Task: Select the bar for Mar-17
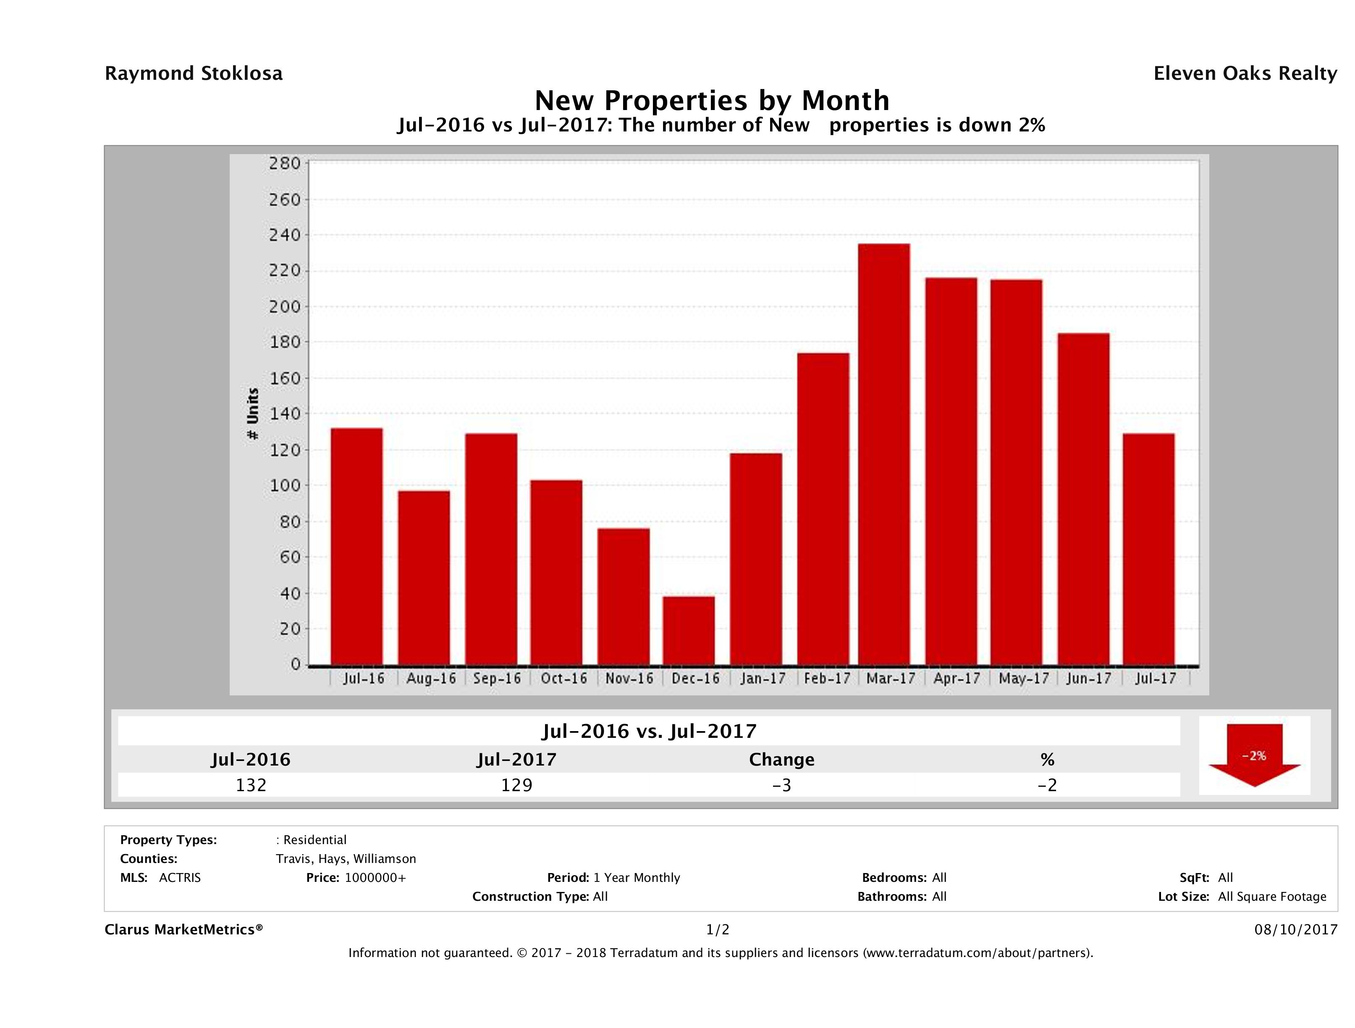(884, 454)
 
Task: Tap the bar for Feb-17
(823, 509)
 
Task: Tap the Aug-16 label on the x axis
(431, 679)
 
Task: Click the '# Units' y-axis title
(252, 414)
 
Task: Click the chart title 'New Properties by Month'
(712, 100)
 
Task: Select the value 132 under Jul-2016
(251, 785)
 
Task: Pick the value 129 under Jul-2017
(516, 785)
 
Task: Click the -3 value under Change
(782, 785)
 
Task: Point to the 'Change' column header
(782, 760)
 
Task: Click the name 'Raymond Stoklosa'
(194, 73)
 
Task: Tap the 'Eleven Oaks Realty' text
(1245, 73)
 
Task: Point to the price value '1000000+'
(375, 877)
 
